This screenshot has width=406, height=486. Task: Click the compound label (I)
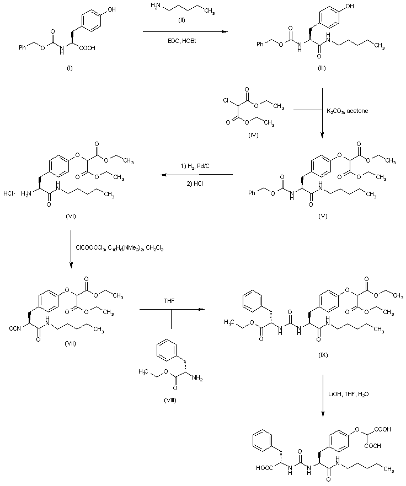coord(70,68)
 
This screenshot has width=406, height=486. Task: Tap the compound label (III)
coord(321,68)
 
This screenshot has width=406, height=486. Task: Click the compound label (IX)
coord(323,354)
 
